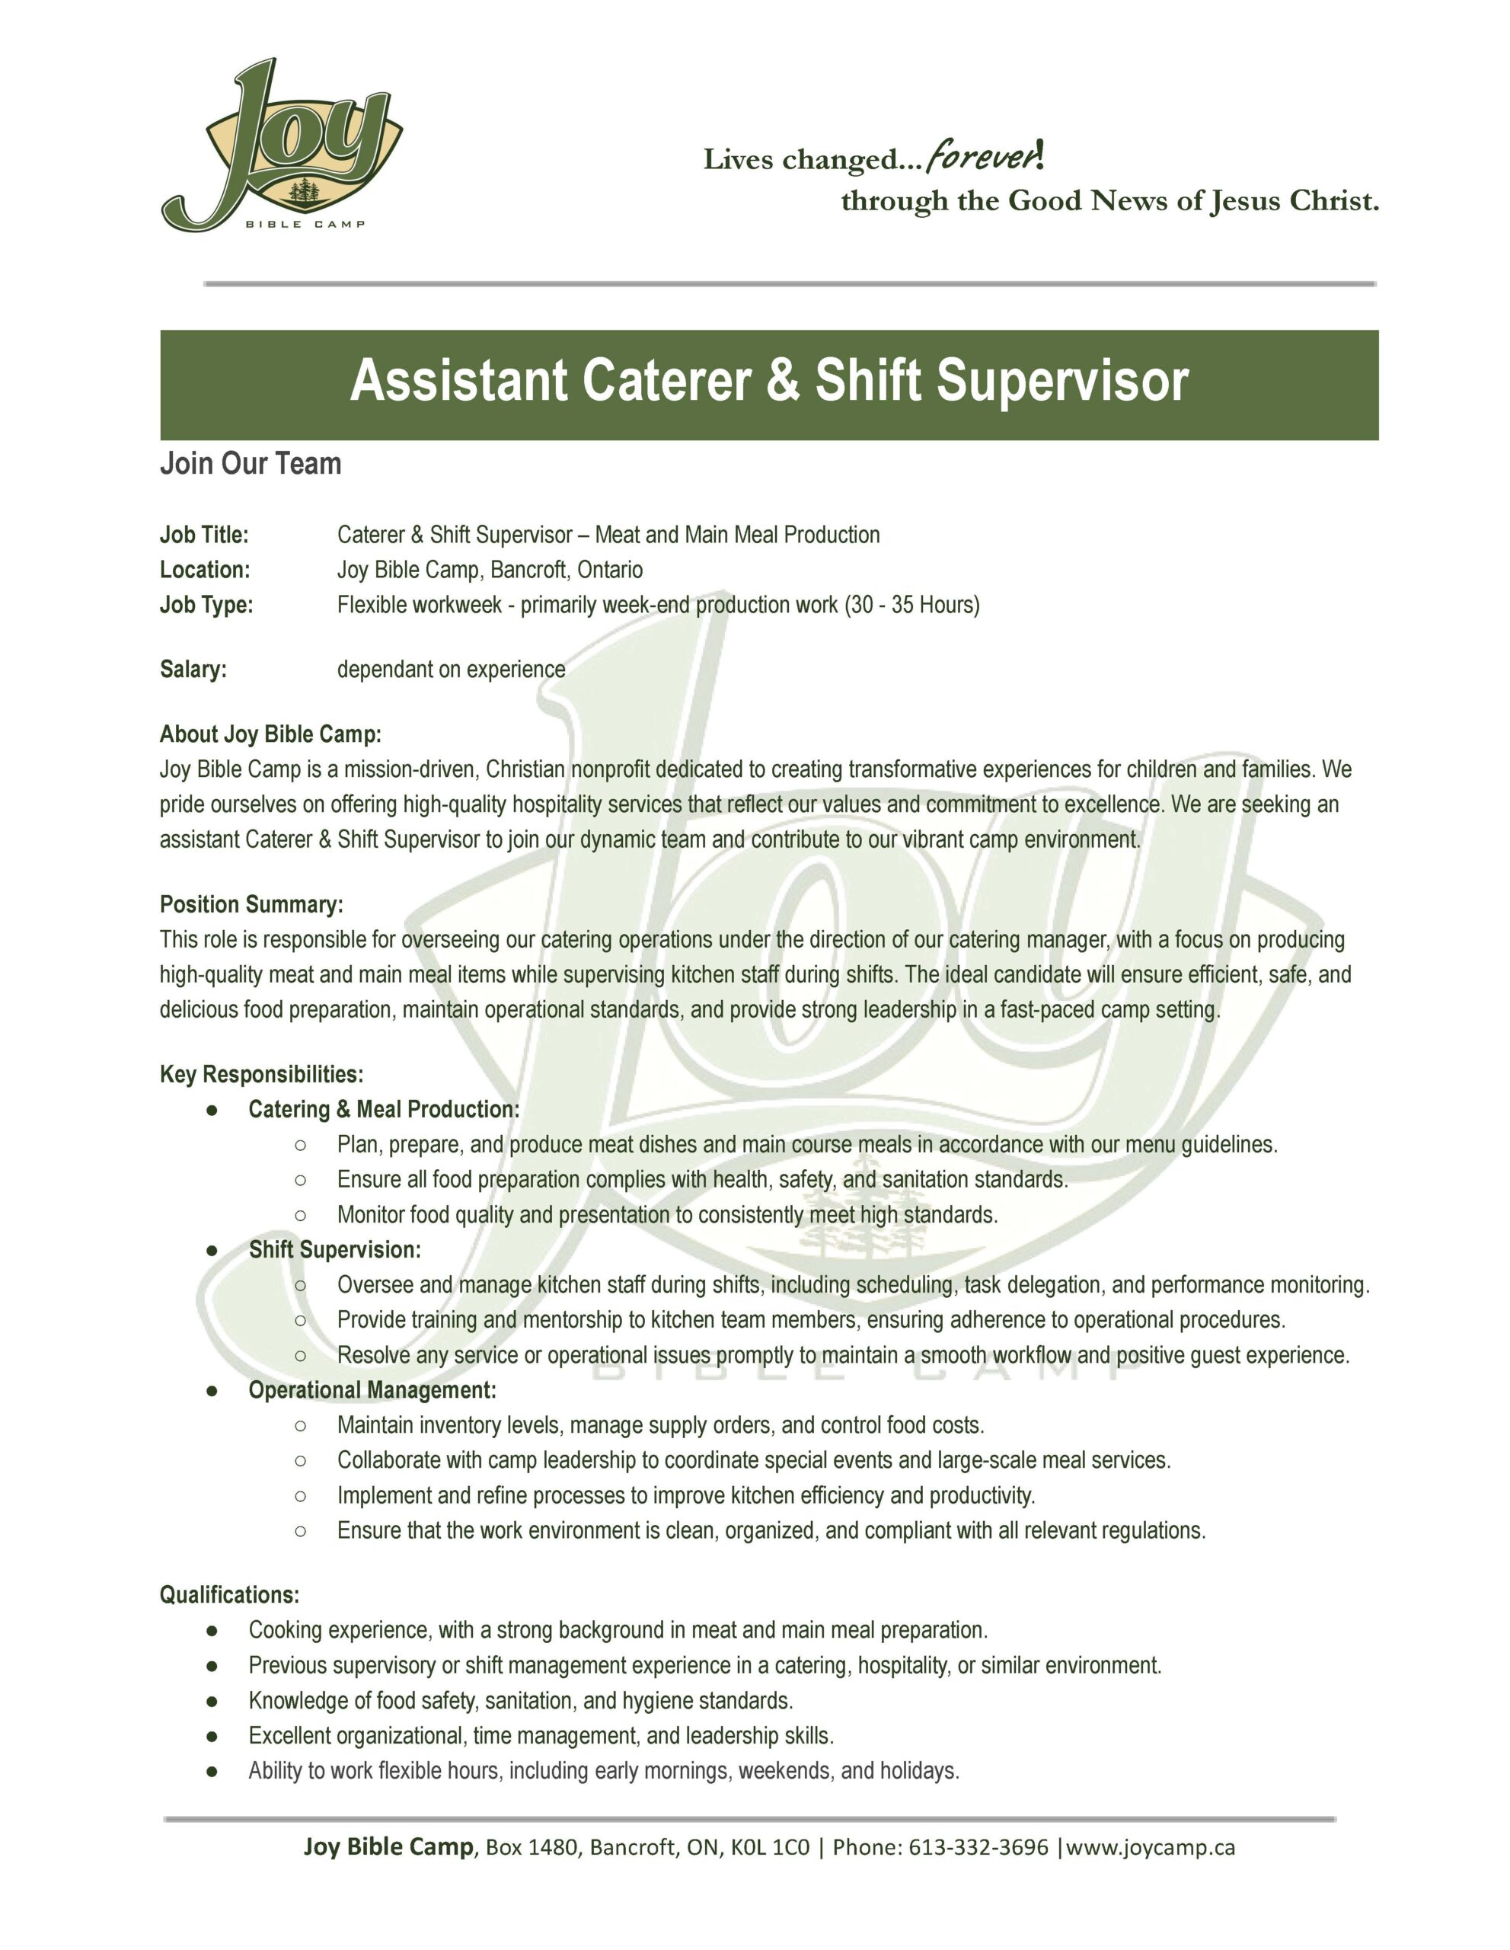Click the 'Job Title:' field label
[204, 535]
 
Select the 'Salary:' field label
[193, 670]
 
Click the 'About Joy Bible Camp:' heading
[270, 734]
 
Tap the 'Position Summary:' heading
[251, 904]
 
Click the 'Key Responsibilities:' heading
[261, 1074]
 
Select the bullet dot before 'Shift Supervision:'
[212, 1250]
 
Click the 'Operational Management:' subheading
[372, 1390]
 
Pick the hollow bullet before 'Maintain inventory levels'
[301, 1426]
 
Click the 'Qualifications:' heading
[229, 1594]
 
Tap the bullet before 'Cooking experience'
[212, 1630]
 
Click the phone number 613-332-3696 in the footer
[978, 1846]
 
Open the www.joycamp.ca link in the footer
[1151, 1846]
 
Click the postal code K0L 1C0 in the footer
[769, 1846]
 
